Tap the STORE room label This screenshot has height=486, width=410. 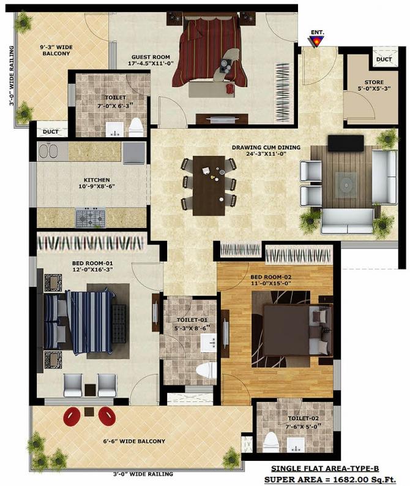pyautogui.click(x=374, y=82)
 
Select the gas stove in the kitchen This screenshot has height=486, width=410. pyautogui.click(x=91, y=218)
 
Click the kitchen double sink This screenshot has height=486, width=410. pyautogui.click(x=49, y=151)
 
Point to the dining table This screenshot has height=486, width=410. pyautogui.click(x=209, y=185)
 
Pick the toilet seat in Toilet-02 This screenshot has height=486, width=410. pyautogui.click(x=271, y=442)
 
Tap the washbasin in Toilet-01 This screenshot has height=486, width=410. pyautogui.click(x=209, y=343)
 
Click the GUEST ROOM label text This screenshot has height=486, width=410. pyautogui.click(x=151, y=57)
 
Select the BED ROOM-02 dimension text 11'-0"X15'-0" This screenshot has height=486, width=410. pyautogui.click(x=270, y=283)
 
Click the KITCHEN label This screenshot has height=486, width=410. pyautogui.click(x=97, y=180)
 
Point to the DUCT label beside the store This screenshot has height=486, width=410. pyautogui.click(x=384, y=59)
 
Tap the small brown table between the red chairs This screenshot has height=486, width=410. pyautogui.click(x=89, y=412)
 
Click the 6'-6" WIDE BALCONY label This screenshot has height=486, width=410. pyautogui.click(x=134, y=441)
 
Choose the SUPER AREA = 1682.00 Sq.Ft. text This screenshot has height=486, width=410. pyautogui.click(x=330, y=480)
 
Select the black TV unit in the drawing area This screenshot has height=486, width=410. pyautogui.click(x=346, y=143)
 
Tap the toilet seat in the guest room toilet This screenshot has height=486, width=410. pyautogui.click(x=135, y=127)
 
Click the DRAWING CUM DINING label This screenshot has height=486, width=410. pyautogui.click(x=266, y=147)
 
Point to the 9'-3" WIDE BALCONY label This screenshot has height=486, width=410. pyautogui.click(x=56, y=50)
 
